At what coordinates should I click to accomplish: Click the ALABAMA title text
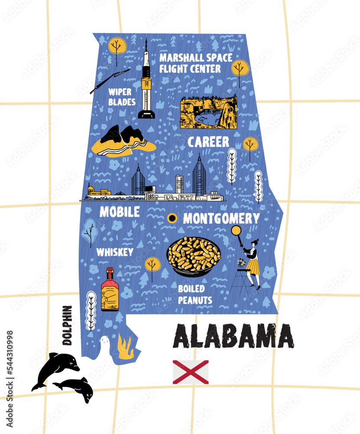tap(234, 336)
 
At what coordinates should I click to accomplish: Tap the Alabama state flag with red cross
tap(190, 372)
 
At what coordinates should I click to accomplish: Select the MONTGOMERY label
tap(221, 219)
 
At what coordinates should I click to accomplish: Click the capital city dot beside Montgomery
tap(172, 218)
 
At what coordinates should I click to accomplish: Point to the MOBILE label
tap(120, 212)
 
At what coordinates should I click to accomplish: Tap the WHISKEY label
tap(115, 252)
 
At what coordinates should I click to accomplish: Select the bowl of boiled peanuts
tap(193, 256)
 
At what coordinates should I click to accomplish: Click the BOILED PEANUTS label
tap(195, 294)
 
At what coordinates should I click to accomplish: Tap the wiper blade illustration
tap(110, 81)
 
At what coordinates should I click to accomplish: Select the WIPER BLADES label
tap(122, 97)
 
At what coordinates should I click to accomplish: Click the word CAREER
tap(208, 142)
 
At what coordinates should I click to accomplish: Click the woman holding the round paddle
tap(249, 260)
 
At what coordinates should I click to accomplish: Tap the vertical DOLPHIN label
tap(67, 325)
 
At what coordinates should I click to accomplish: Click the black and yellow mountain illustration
tap(123, 140)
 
